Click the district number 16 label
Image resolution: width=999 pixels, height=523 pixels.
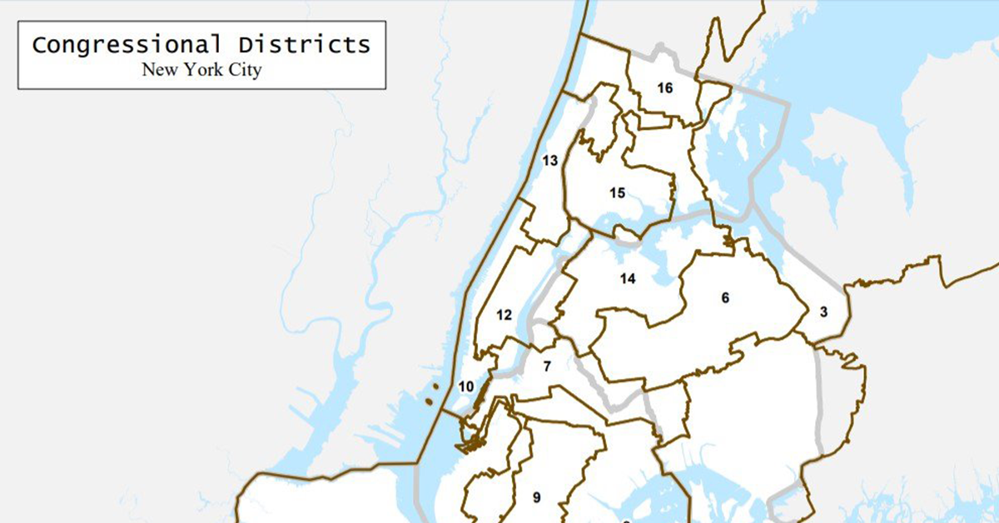coord(664,88)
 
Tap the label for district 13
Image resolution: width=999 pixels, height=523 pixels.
coord(549,161)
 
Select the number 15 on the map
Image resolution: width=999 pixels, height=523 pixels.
coord(617,193)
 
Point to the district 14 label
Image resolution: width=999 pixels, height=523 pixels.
coord(628,279)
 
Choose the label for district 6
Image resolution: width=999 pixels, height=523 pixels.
coord(725,297)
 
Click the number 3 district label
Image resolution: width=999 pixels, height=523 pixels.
coord(823,312)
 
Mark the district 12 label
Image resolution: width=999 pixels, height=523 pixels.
coord(504,315)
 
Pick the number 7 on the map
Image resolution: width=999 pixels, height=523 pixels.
coord(547,366)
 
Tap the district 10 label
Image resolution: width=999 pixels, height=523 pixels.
coord(465,386)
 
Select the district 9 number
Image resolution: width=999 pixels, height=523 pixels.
coord(537,498)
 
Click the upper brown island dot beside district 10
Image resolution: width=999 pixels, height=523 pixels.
coord(434,386)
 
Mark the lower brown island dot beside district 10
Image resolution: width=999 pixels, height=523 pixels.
coord(428,401)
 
